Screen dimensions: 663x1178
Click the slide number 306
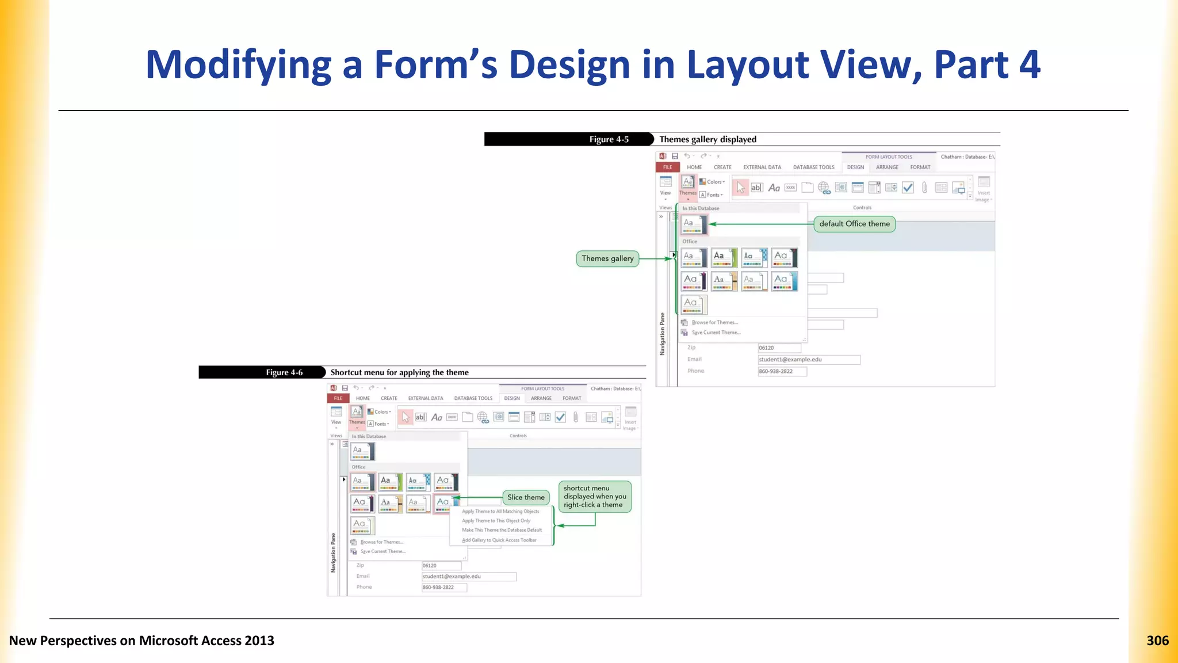[x=1157, y=641]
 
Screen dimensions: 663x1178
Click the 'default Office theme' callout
[x=854, y=224]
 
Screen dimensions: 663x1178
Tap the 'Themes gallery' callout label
[x=607, y=258]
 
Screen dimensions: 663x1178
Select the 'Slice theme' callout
[x=526, y=497]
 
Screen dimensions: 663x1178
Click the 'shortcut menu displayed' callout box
[x=595, y=496]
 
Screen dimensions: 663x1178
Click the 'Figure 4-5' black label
[x=609, y=139]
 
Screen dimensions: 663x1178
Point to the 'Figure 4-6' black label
[x=284, y=372]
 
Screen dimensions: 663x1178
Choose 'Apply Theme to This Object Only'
[x=496, y=521]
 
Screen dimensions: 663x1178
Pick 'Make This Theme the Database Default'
[x=502, y=530]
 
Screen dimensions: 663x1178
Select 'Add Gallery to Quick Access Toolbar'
[x=499, y=540]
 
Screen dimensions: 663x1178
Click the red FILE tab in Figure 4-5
[x=667, y=167]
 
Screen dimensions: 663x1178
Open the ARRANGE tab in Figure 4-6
[x=541, y=398]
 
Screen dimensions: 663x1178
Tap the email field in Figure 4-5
[x=809, y=360]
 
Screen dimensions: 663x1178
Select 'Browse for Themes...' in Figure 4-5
[x=714, y=322]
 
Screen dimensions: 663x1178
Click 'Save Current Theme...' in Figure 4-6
[x=383, y=551]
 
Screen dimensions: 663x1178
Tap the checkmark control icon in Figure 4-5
[x=908, y=188]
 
